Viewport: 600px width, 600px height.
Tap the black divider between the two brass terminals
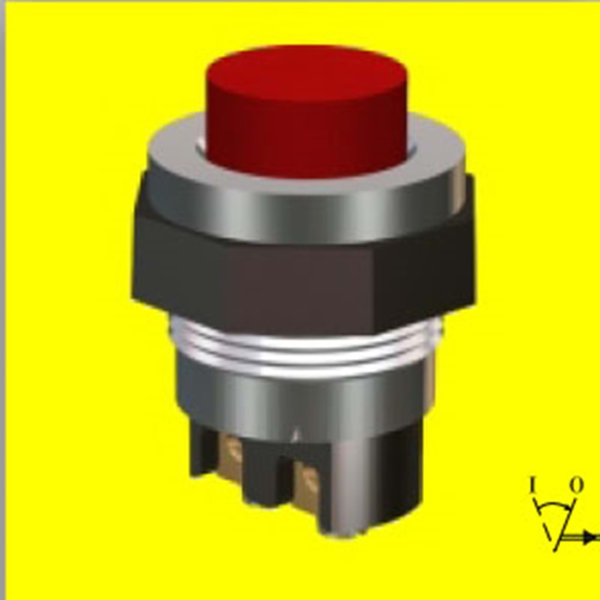tap(267, 474)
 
